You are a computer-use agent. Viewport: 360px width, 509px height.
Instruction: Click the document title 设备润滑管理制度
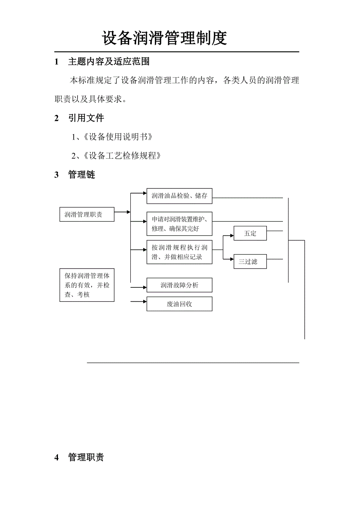164,38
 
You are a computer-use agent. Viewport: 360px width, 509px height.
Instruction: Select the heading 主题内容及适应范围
109,62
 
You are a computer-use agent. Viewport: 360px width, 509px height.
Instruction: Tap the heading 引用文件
86,118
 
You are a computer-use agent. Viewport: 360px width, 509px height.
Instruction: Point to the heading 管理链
81,175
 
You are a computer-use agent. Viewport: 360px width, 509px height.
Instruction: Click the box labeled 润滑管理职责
87,215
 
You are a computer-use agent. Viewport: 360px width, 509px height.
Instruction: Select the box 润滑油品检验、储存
179,196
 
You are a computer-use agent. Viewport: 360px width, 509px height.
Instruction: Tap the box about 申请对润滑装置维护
179,224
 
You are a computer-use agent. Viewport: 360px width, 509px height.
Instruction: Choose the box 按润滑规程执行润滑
179,252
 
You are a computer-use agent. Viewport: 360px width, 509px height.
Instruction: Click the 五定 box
250,233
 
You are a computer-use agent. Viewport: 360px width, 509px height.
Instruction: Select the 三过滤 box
250,262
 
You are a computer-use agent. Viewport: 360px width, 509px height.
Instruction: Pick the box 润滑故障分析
179,285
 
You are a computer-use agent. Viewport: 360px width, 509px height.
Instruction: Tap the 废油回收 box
179,304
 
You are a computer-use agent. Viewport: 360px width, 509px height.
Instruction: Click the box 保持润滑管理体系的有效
87,285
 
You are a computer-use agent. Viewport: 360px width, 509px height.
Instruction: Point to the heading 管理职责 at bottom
86,457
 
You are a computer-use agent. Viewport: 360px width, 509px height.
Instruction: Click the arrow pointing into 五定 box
229,236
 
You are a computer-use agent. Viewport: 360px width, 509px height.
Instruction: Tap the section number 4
56,457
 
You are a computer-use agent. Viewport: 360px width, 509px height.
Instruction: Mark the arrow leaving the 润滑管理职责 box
122,212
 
